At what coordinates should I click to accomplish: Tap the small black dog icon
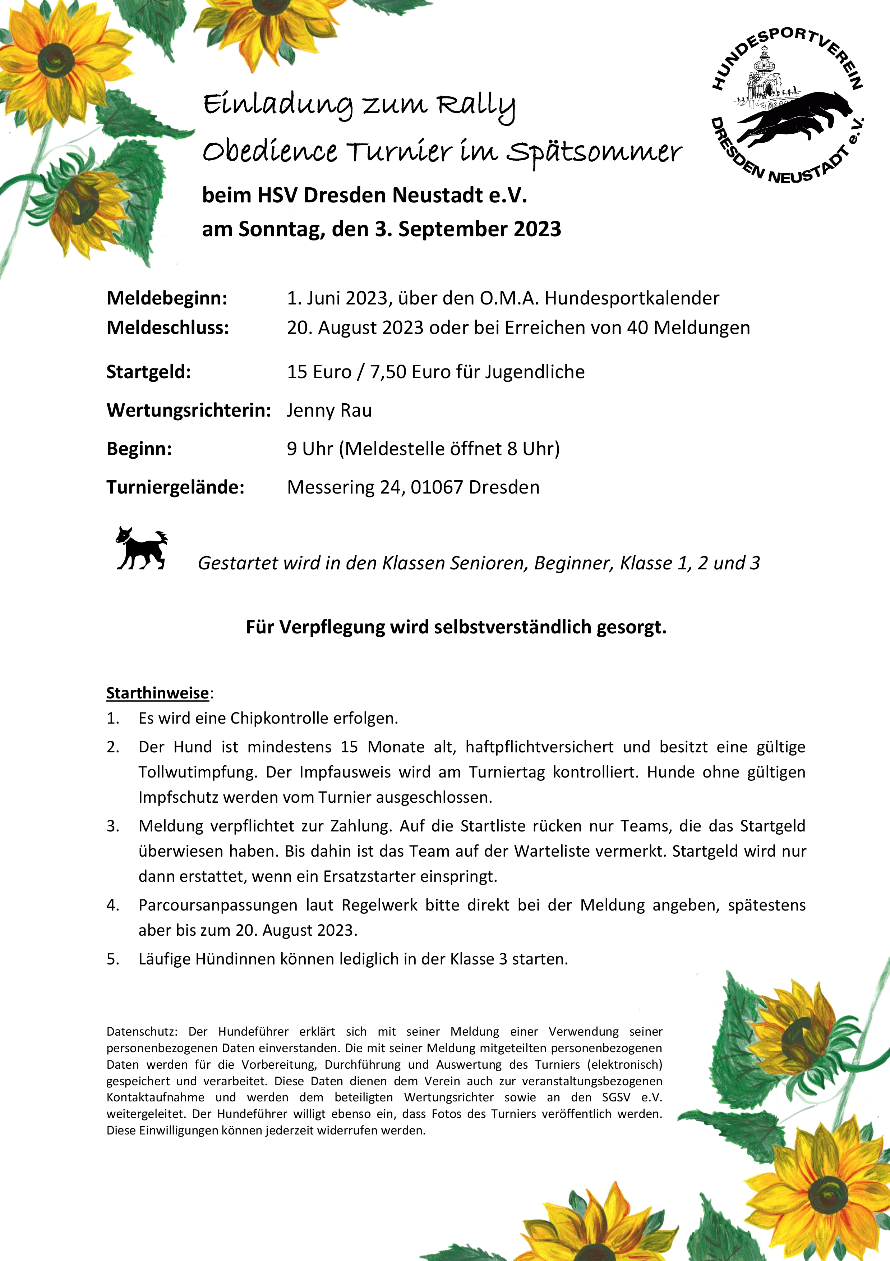pyautogui.click(x=141, y=549)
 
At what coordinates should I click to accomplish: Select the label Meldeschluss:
pyautogui.click(x=167, y=328)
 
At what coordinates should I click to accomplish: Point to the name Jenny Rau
pyautogui.click(x=329, y=410)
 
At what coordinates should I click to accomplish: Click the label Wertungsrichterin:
pyautogui.click(x=188, y=410)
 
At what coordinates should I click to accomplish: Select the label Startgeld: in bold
pyautogui.click(x=148, y=372)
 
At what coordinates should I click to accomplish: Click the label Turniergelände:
pyautogui.click(x=175, y=487)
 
